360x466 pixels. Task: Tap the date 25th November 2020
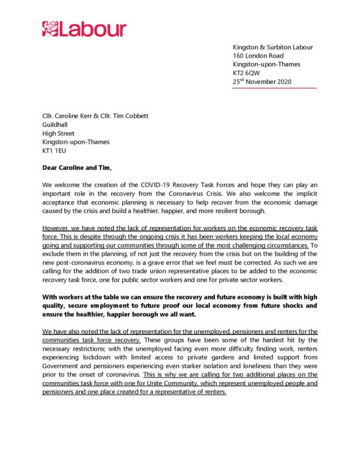point(262,82)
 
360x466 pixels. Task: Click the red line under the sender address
point(274,88)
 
